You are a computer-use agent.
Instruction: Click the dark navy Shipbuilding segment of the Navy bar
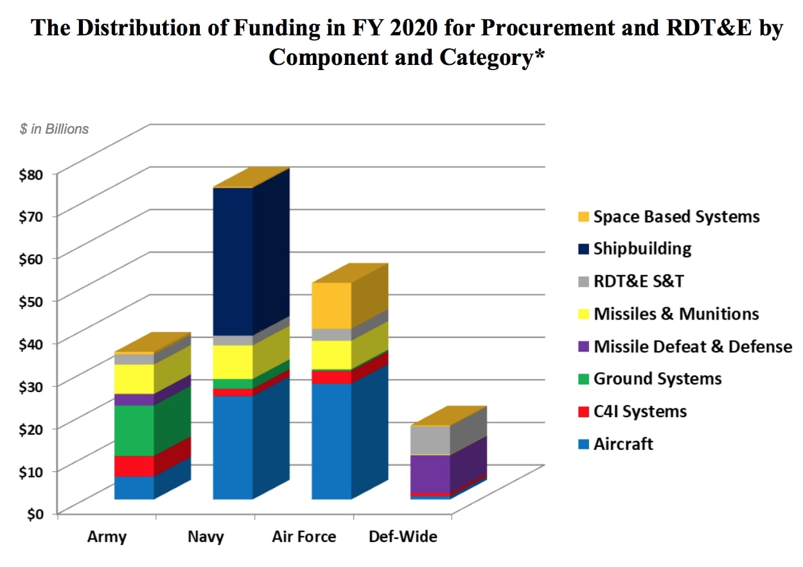point(233,260)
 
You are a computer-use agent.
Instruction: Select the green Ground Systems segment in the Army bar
point(134,430)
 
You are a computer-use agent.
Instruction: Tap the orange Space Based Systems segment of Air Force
point(331,305)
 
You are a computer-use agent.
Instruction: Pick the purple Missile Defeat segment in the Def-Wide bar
point(430,473)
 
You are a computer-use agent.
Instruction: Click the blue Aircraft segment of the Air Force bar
point(331,440)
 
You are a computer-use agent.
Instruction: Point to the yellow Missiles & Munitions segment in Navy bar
point(233,362)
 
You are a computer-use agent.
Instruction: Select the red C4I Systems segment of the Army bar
point(134,465)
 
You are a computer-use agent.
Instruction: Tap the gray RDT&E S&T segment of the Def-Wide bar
point(430,440)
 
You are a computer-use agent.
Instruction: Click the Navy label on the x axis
point(206,537)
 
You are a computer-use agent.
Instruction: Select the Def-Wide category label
point(403,536)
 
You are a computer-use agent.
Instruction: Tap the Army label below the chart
point(107,537)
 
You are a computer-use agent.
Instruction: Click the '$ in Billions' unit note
point(54,129)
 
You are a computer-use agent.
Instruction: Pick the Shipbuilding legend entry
point(642,249)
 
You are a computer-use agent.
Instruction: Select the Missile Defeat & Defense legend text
point(693,347)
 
